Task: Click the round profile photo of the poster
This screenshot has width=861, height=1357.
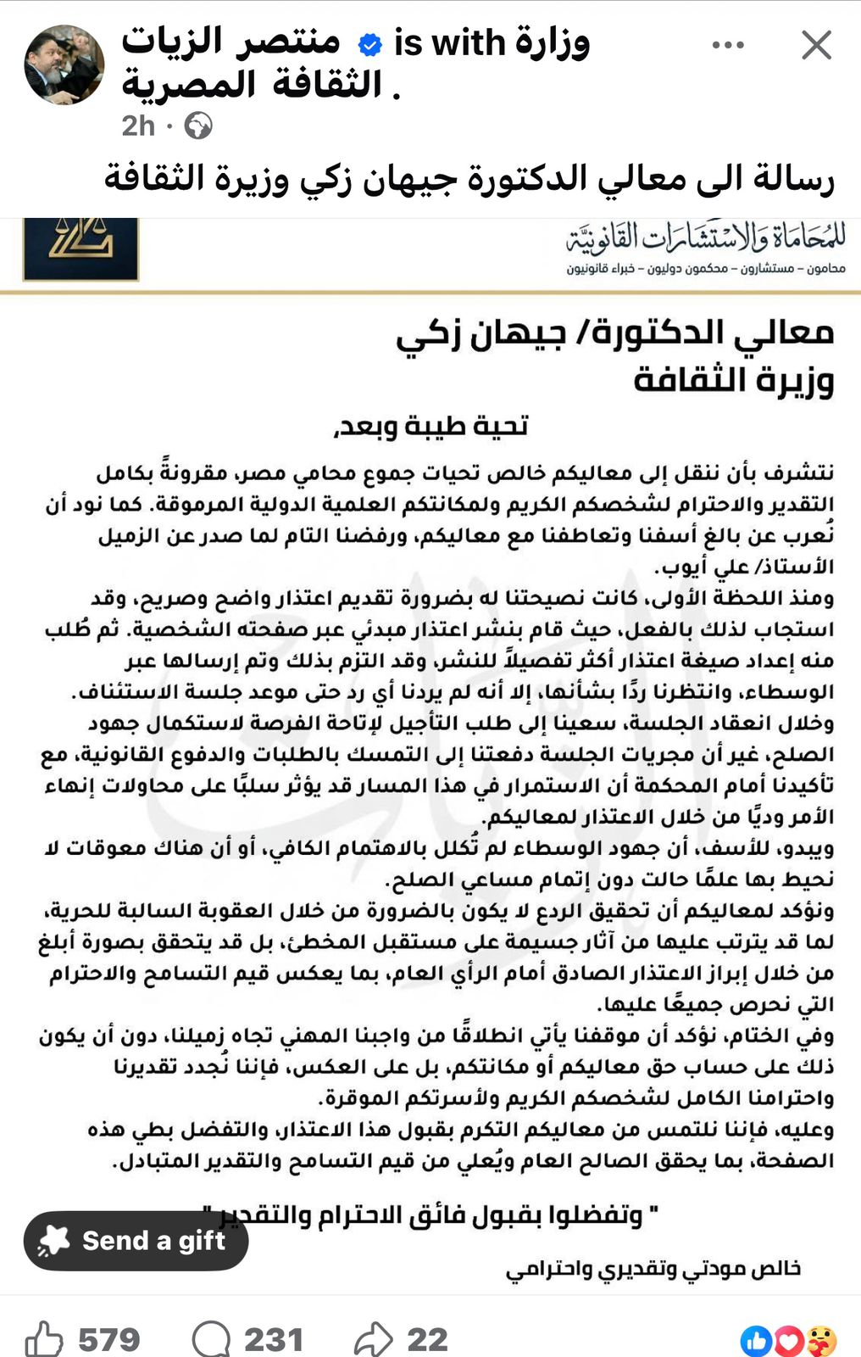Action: (64, 64)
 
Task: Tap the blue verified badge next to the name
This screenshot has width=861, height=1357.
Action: (370, 44)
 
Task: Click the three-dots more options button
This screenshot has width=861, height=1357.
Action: (728, 45)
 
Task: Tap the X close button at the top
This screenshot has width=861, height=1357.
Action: (816, 45)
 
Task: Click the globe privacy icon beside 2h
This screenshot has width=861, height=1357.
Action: (198, 126)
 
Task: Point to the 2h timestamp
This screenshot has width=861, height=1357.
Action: (138, 126)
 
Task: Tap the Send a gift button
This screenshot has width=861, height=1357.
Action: (136, 1240)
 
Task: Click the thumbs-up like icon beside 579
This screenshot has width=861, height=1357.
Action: (44, 1339)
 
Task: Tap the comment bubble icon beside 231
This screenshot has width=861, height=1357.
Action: (211, 1339)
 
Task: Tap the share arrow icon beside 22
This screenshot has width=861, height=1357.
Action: (373, 1339)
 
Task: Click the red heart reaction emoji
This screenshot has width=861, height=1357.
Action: (789, 1341)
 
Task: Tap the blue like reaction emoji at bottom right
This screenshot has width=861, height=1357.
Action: (757, 1341)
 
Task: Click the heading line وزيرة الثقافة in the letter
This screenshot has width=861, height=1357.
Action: (734, 379)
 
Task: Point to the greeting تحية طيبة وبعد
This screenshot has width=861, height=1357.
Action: (431, 426)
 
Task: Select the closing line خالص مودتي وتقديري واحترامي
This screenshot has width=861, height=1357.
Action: (653, 1269)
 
